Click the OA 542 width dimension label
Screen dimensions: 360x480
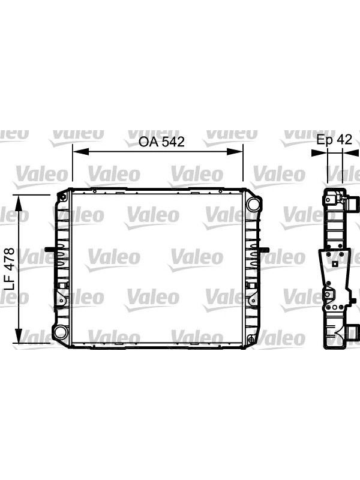(161, 142)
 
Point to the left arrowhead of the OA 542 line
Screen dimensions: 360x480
(80, 152)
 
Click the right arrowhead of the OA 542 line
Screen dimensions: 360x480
(235, 152)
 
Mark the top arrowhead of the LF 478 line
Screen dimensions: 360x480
(19, 203)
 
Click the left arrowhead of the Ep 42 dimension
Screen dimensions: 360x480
(319, 152)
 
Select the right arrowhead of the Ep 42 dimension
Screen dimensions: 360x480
(351, 152)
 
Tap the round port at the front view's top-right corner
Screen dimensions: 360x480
(253, 203)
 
